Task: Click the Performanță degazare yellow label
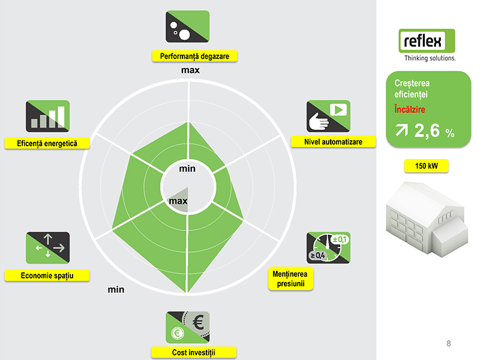point(194,56)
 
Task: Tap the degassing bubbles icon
point(188,26)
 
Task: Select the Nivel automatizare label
point(334,142)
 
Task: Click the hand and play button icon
point(328,116)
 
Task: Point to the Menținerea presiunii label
point(290,278)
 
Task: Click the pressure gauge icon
point(328,248)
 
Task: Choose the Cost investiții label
point(193,352)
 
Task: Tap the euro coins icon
point(188,328)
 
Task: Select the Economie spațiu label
point(47,275)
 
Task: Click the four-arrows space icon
point(48,248)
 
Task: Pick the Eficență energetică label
point(47,143)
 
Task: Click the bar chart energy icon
point(48,116)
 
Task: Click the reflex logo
point(427,44)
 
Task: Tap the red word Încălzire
point(410,109)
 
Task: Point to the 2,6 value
point(427,130)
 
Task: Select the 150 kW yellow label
point(427,166)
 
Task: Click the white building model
point(427,219)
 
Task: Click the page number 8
point(449,343)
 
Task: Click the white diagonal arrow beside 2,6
point(401,130)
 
